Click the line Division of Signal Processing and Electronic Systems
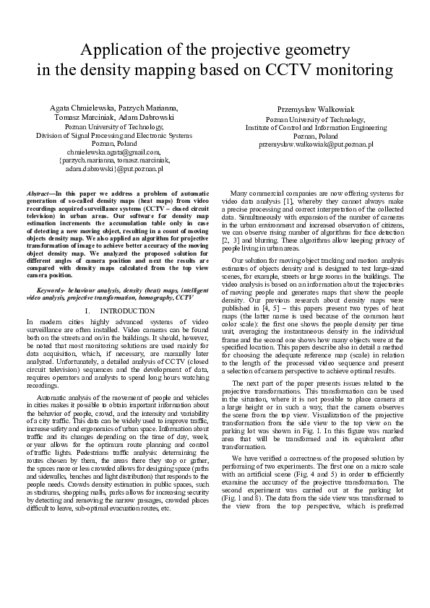tap(113, 134)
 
